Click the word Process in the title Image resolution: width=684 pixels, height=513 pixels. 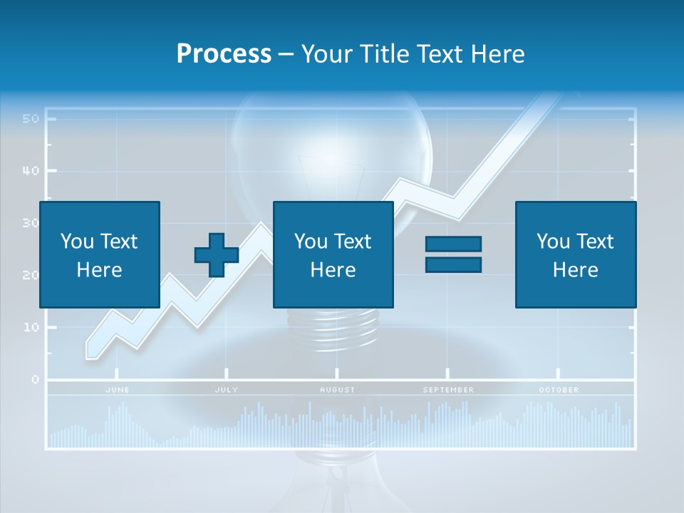point(224,54)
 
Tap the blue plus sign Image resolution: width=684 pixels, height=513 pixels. point(216,255)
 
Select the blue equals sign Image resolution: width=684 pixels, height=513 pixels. point(454,254)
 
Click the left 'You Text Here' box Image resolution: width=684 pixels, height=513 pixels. point(100,254)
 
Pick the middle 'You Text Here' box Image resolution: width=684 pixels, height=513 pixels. point(333,254)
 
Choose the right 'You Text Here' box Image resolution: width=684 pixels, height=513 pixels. point(576,254)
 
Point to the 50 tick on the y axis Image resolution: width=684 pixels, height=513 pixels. point(30,119)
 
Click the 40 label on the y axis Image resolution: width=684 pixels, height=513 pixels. point(30,171)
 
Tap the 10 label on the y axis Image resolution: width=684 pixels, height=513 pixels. point(30,328)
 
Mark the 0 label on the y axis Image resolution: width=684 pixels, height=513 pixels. point(35,380)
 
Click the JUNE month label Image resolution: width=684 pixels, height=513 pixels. point(118,390)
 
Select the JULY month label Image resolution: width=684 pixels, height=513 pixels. point(227,390)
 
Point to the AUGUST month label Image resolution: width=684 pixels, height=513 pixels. point(337,390)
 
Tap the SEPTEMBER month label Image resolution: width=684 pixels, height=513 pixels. point(448,390)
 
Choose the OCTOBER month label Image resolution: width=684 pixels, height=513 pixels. point(559,390)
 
